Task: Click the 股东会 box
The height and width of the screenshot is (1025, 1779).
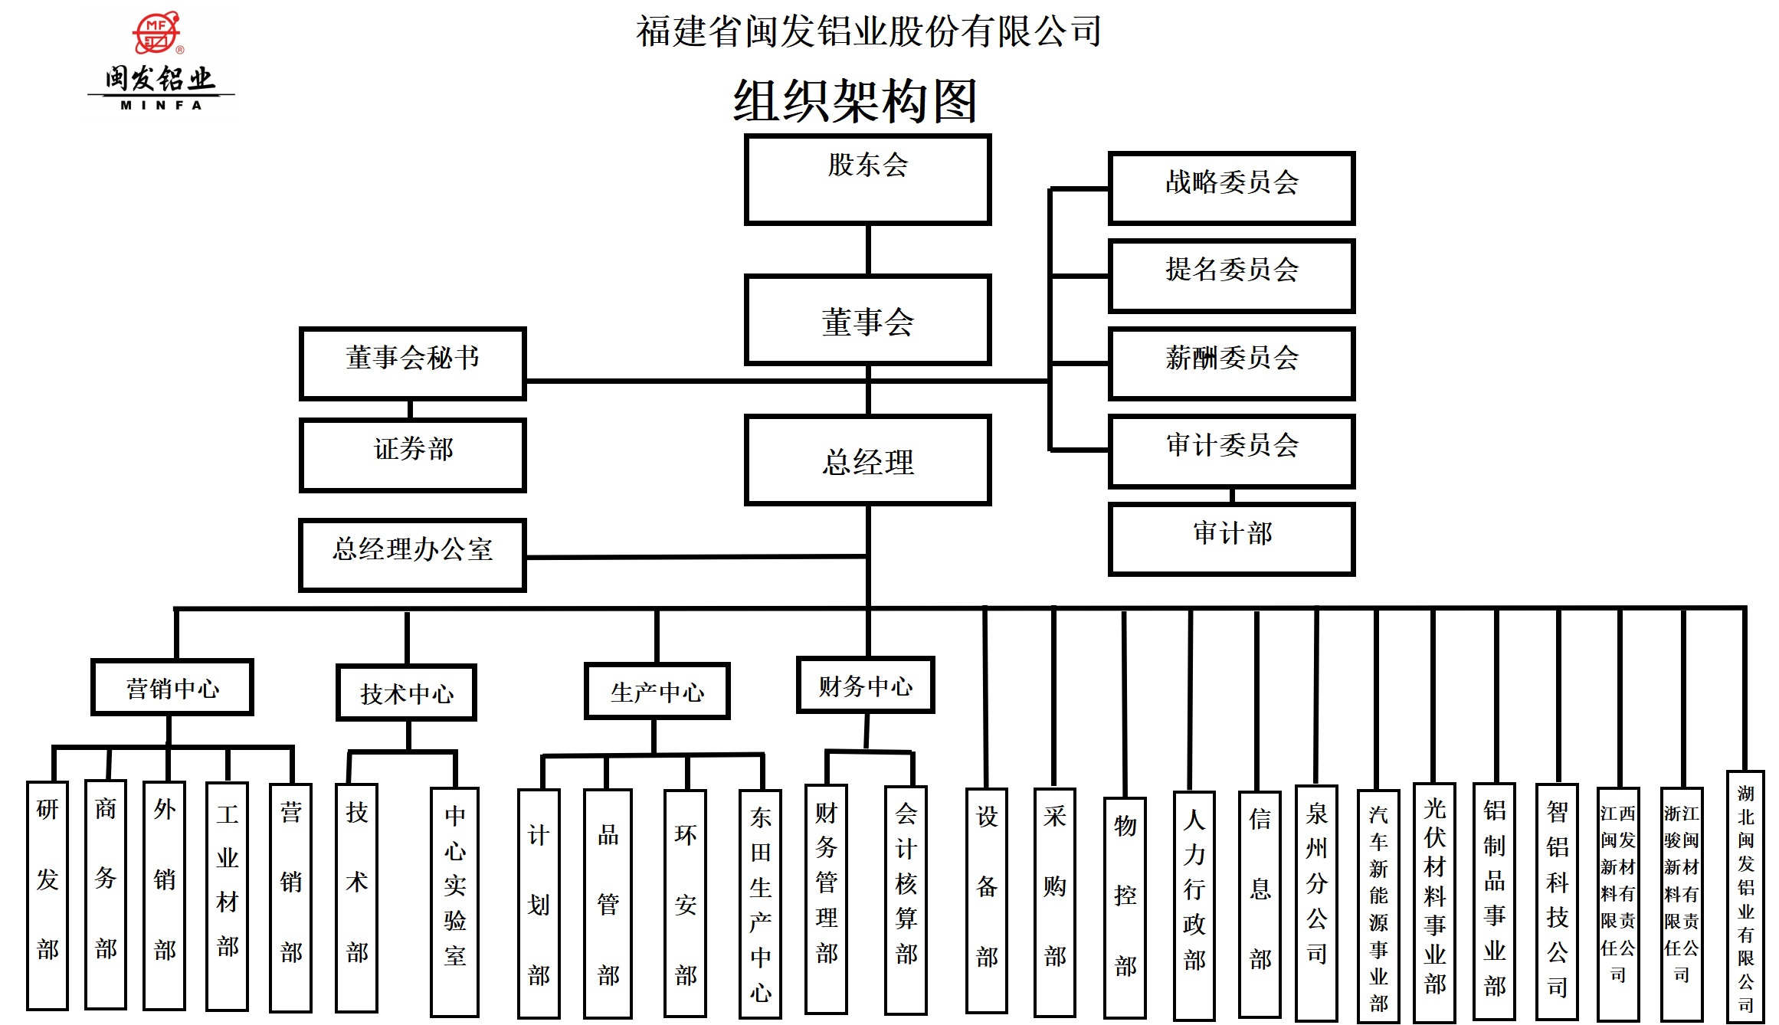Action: pos(867,180)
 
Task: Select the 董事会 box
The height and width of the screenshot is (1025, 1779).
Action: pos(867,320)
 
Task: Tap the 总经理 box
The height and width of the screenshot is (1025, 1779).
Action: pos(867,460)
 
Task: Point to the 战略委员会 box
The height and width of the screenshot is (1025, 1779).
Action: pos(1231,188)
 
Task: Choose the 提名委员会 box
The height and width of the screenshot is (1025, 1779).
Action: pos(1231,276)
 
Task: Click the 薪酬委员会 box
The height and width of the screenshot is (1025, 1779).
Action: pos(1231,364)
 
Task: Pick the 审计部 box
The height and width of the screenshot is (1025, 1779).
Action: pos(1231,539)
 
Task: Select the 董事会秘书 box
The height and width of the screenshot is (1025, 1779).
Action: pos(412,364)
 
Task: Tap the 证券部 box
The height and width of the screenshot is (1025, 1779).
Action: pos(412,455)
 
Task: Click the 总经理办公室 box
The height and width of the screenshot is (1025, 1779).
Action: pos(412,555)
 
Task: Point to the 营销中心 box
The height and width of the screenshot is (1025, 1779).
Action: pos(172,687)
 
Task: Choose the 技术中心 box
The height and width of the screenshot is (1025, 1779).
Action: pos(406,693)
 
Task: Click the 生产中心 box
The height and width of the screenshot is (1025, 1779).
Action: pos(657,691)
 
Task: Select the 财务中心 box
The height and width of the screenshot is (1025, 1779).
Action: pos(865,685)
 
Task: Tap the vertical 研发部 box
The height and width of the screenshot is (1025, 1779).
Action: pos(48,895)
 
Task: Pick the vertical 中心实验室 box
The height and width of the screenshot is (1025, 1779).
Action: pos(454,901)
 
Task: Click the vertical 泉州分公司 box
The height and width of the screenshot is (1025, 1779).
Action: pos(1316,902)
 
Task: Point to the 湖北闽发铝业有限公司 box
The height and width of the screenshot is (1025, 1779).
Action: pos(1745,896)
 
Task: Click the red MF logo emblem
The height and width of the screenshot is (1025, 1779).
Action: pos(157,33)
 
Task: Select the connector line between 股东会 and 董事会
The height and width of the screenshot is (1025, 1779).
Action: pos(867,250)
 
